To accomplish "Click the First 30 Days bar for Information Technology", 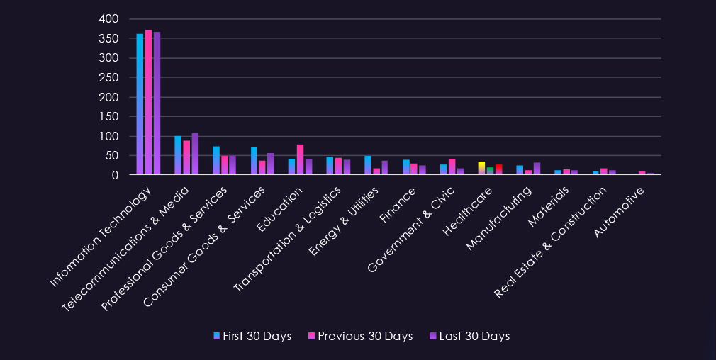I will [x=140, y=104].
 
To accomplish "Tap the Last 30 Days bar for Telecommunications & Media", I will [x=195, y=154].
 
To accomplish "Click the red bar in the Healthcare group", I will [x=498, y=169].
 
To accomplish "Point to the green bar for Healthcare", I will [x=490, y=171].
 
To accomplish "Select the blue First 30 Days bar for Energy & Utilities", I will [x=368, y=165].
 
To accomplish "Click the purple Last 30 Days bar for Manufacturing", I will [x=537, y=169].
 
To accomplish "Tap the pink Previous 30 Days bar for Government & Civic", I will [x=452, y=167].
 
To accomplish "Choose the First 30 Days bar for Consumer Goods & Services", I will [x=254, y=161].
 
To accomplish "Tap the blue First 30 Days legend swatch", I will [x=217, y=336].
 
